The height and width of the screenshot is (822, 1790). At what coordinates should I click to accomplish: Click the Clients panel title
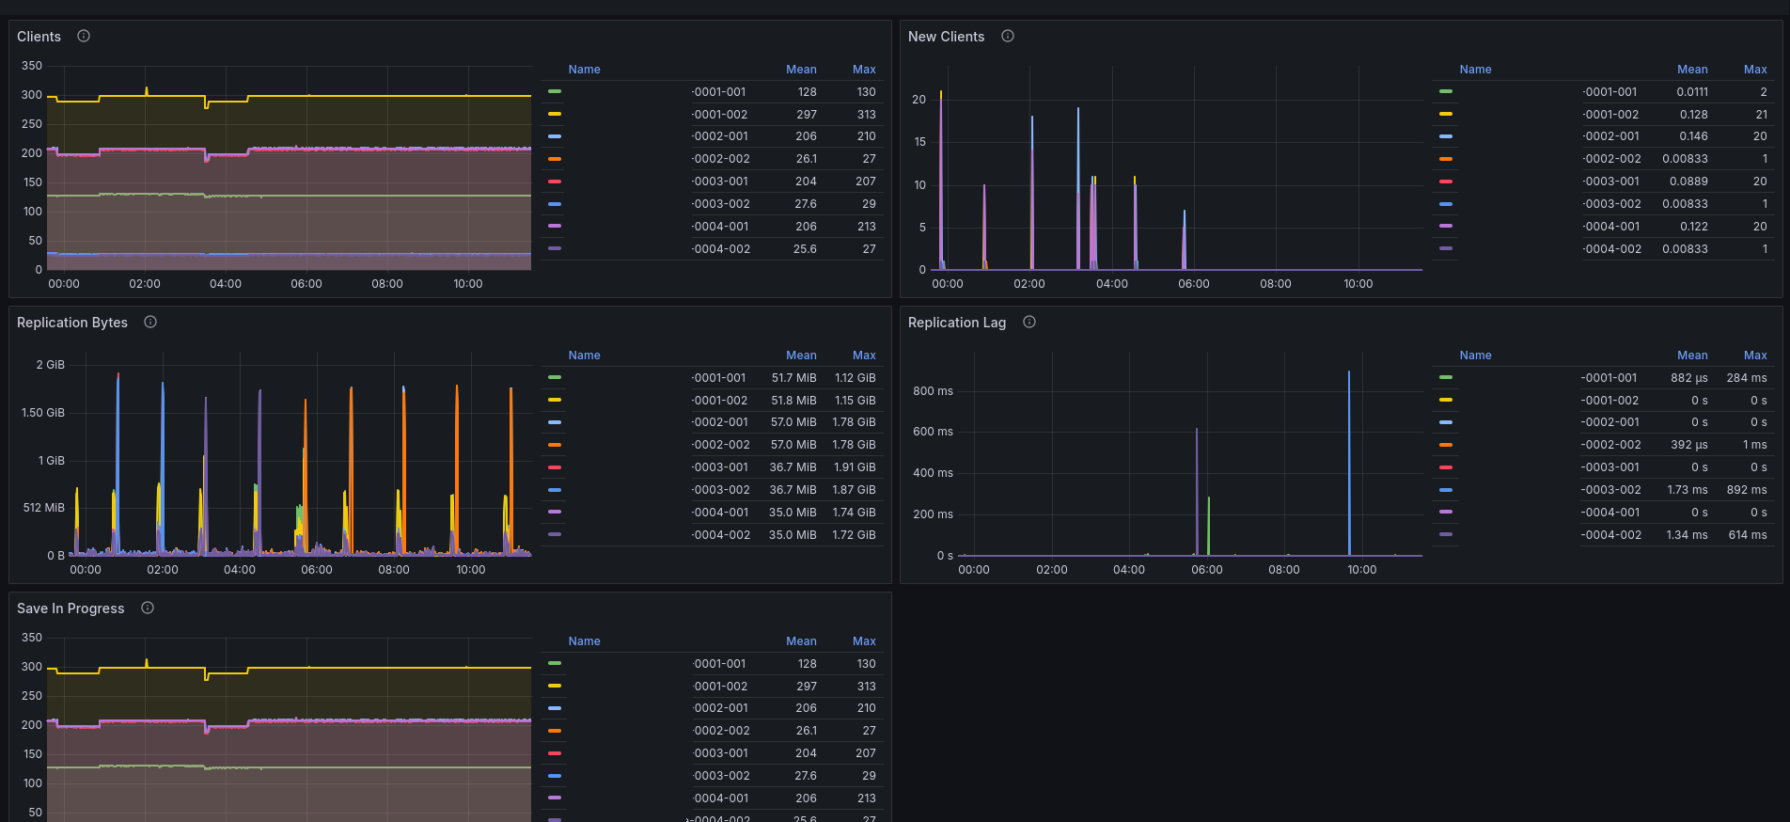click(39, 37)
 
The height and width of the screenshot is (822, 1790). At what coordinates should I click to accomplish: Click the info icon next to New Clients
click(1008, 36)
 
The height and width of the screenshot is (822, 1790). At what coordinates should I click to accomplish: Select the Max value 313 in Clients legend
click(866, 115)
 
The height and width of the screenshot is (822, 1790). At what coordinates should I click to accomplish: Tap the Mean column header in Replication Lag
click(1692, 356)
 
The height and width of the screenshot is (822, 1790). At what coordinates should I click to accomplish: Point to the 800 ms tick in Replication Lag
click(933, 391)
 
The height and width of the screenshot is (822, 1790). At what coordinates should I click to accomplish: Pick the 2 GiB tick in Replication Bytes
click(51, 365)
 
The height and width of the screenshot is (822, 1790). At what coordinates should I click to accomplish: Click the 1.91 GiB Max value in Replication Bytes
click(854, 467)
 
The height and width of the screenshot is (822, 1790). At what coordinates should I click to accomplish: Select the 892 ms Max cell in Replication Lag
click(1747, 490)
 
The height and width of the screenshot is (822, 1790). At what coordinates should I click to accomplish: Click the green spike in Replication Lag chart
click(1208, 526)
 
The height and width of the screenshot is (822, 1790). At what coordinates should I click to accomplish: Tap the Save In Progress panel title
click(71, 609)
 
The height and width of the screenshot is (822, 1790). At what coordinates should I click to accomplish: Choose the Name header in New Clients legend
click(1475, 70)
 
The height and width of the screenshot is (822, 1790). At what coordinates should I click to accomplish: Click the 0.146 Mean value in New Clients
click(1693, 136)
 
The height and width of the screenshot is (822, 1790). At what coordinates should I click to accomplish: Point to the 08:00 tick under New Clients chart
click(1276, 284)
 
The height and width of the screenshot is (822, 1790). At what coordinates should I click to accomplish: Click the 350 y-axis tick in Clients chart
click(32, 66)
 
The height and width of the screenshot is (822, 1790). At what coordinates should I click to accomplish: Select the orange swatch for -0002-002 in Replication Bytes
click(555, 445)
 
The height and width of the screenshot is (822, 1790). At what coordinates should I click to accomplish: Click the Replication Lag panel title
click(957, 323)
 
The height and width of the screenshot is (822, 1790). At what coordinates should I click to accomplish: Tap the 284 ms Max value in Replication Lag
click(1747, 378)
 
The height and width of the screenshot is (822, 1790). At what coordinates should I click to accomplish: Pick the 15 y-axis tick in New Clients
click(919, 142)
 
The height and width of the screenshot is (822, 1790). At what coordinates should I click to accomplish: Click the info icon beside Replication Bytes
click(150, 322)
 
